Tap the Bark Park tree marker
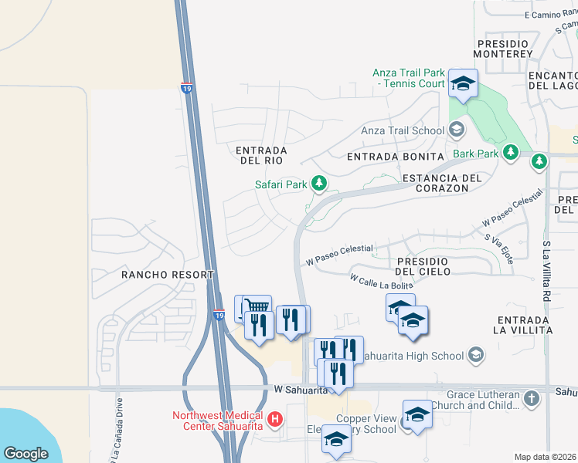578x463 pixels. coord(510,153)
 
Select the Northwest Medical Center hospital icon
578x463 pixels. coord(275,421)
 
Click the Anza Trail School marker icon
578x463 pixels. coord(457,130)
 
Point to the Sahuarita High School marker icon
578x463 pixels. coord(477,355)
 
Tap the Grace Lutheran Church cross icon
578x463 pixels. coord(531,398)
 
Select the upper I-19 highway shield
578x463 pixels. coord(187,89)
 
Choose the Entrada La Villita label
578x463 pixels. coord(525,324)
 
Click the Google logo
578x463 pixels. coord(25,453)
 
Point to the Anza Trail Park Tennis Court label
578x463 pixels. coord(410,78)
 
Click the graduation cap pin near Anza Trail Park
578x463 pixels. coord(463,84)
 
